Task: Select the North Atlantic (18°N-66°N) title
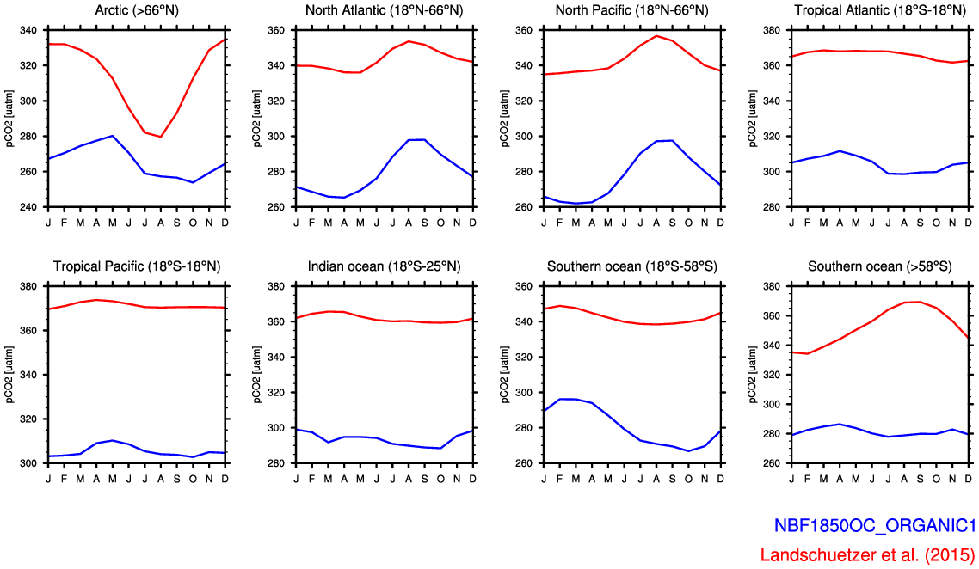tap(383, 10)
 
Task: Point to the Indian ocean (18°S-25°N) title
tap(383, 266)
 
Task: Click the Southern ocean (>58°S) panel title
tap(879, 266)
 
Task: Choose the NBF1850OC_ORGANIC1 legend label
tap(874, 526)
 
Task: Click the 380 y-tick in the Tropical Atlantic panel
tap(771, 30)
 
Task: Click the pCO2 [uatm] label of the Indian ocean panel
tap(257, 375)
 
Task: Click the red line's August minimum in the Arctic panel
tap(161, 137)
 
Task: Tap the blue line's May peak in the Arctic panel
tap(113, 136)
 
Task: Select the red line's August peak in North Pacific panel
tap(656, 36)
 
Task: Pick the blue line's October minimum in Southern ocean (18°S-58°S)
tap(688, 450)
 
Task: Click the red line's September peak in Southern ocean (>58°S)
tap(921, 302)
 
